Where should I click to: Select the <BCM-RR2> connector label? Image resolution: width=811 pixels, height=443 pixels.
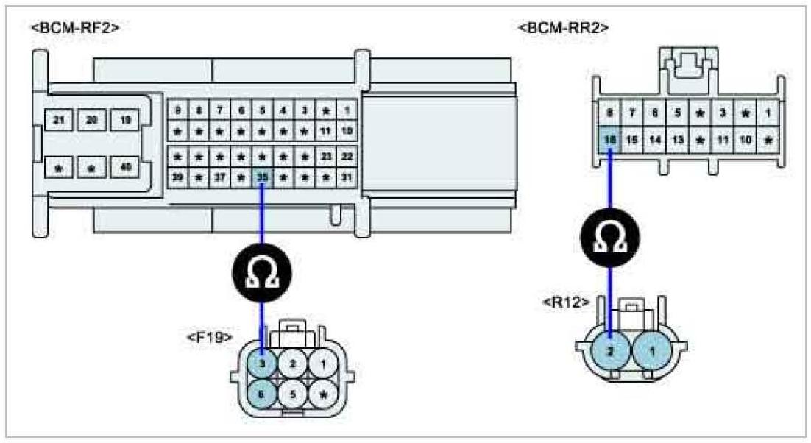coord(564,28)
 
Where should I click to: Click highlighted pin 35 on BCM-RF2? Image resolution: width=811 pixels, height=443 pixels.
coord(262,177)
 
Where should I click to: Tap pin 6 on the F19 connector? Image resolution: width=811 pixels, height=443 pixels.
coord(262,393)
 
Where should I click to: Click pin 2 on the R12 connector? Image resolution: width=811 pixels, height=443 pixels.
coord(611,352)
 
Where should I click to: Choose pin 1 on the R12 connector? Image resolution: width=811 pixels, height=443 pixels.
coord(653,352)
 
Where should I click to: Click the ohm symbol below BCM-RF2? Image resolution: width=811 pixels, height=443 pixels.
coord(263,273)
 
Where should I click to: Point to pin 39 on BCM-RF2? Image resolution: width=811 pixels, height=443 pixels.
coord(177,177)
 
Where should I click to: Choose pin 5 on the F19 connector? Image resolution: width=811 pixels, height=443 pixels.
coord(294,393)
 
